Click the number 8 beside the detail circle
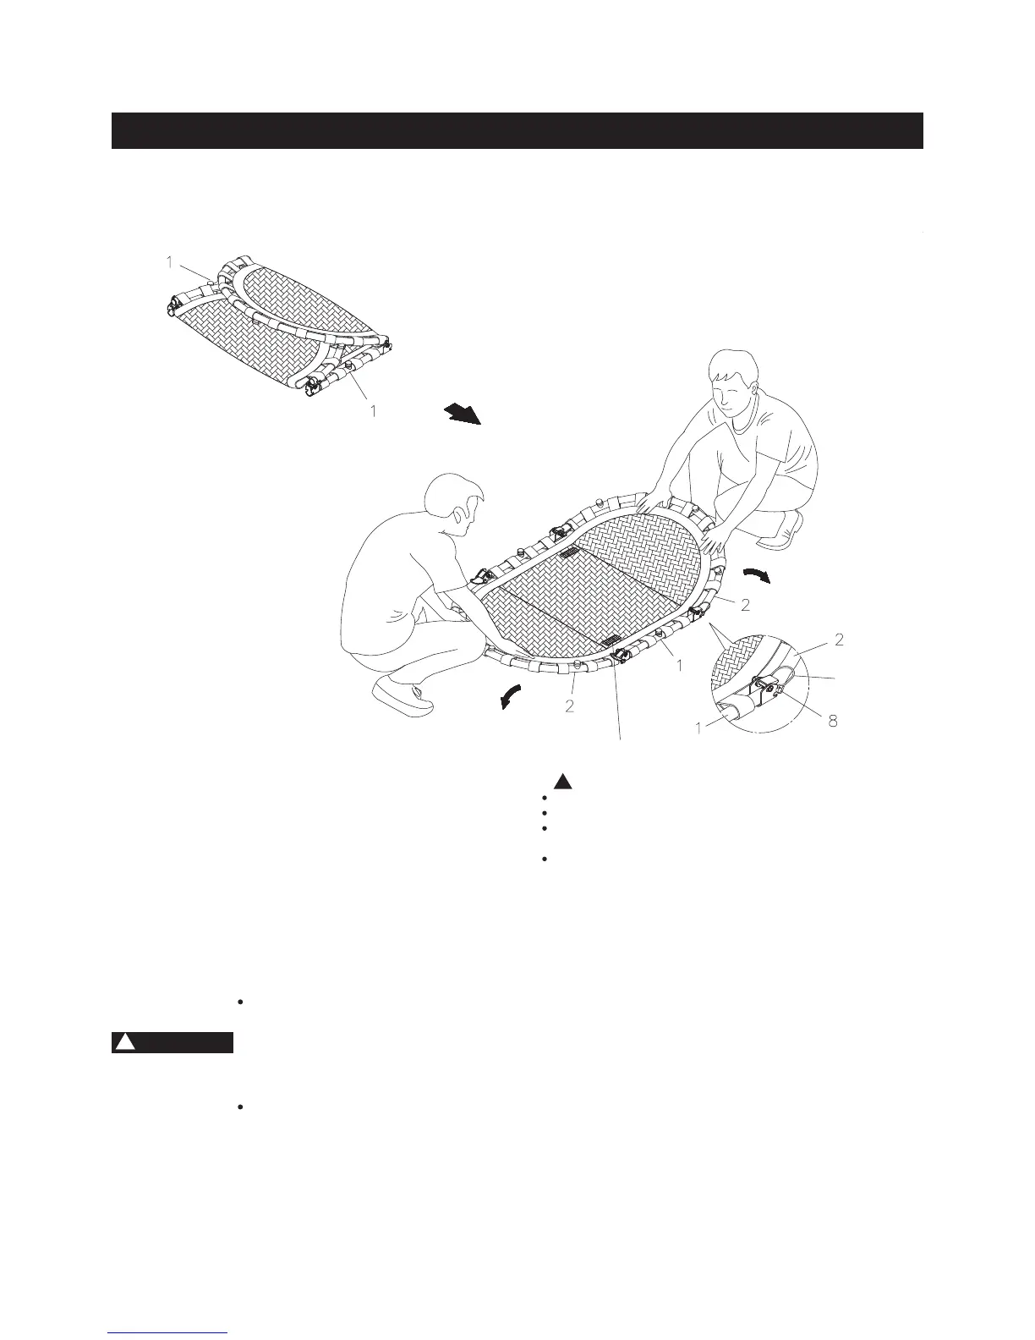(x=833, y=722)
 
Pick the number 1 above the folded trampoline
(x=169, y=263)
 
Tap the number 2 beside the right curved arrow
(x=745, y=606)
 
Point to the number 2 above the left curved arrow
(x=570, y=706)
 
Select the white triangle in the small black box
(x=125, y=1042)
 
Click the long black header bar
(x=517, y=130)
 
